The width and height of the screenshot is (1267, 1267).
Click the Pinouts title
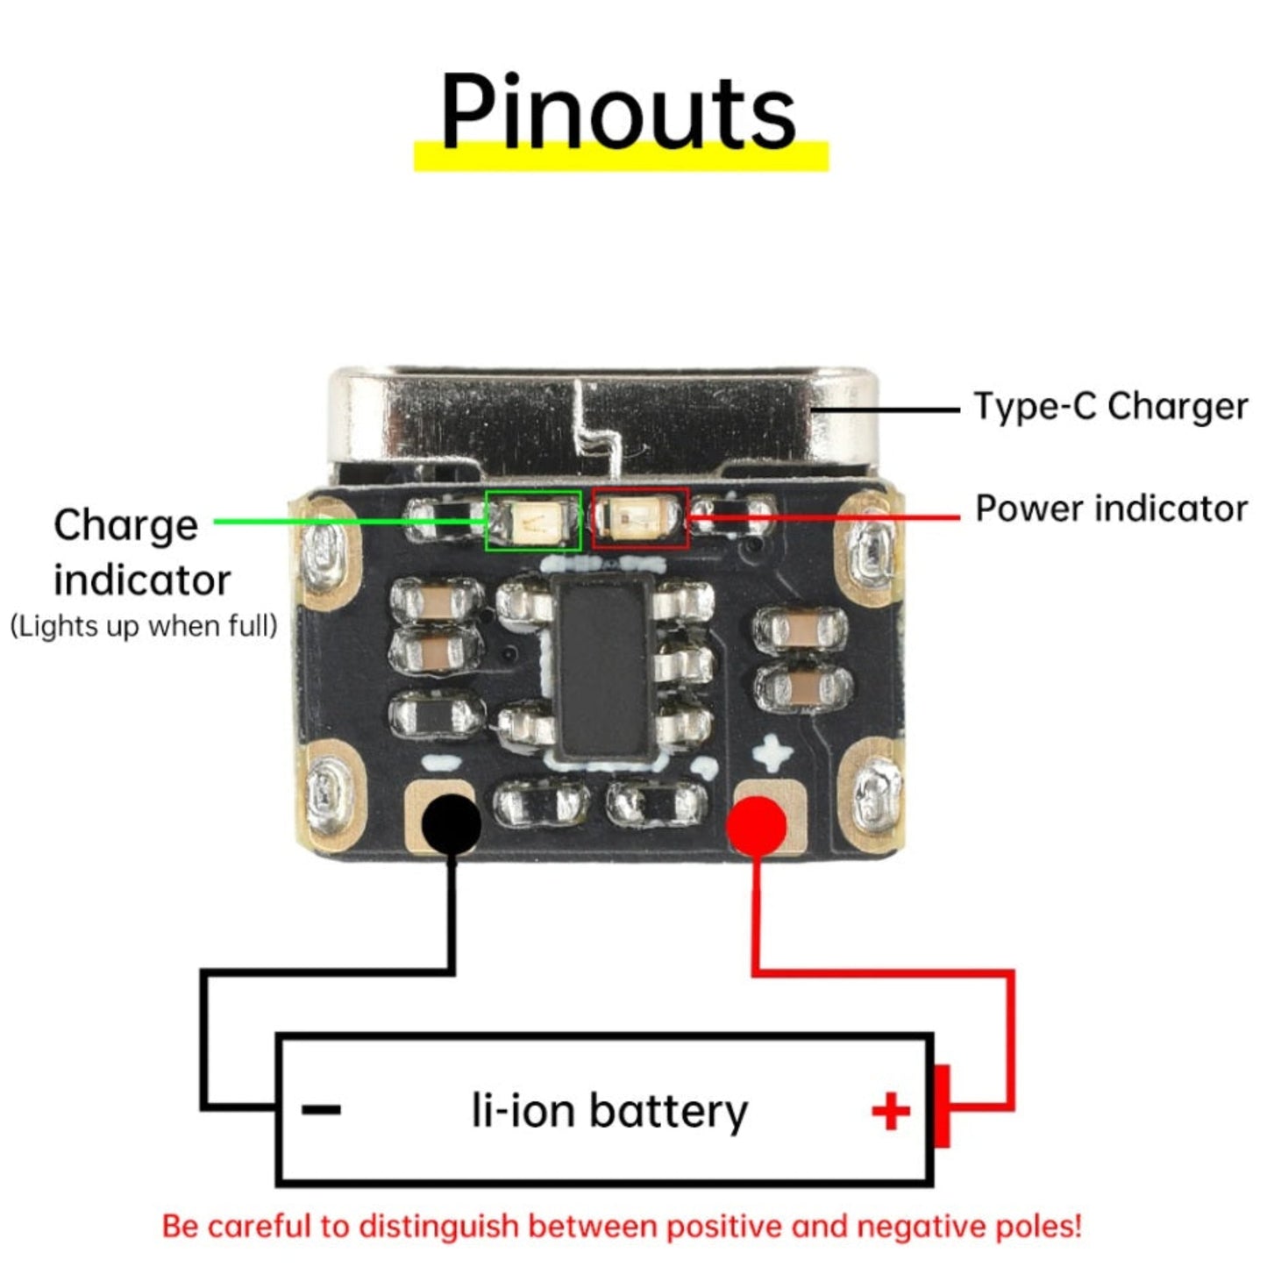coord(618,111)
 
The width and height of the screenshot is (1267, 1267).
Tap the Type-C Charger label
coord(1110,407)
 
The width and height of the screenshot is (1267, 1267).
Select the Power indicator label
coord(1111,509)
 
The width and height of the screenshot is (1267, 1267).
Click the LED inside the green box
coord(532,522)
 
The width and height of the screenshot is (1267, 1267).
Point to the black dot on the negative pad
coord(452,824)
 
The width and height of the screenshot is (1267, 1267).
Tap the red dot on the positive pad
coord(756,827)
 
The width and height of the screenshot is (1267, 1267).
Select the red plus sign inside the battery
coord(891,1111)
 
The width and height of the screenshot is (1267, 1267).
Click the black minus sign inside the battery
coord(321,1110)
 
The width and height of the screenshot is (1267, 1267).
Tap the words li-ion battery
coord(609,1110)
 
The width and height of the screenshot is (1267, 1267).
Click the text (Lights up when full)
coord(144,626)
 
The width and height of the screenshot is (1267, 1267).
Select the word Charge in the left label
coord(125,527)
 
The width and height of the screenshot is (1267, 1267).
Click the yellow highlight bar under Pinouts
coord(621,156)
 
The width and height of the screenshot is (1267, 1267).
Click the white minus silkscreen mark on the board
coord(441,764)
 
